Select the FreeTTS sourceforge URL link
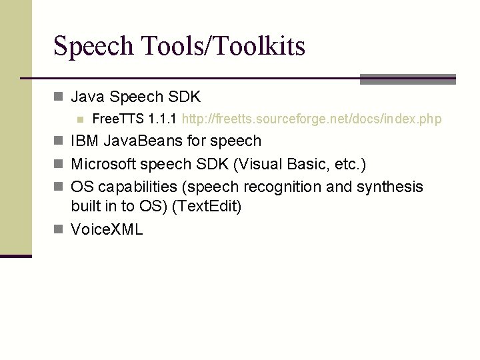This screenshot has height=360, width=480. [311, 119]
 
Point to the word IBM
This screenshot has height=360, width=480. [84, 141]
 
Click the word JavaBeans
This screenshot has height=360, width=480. [142, 141]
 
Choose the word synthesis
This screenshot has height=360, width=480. [389, 187]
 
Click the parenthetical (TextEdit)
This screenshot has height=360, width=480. [207, 207]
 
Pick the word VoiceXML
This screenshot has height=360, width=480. [107, 230]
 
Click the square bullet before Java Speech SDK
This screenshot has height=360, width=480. [58, 97]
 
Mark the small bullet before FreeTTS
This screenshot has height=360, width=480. [79, 120]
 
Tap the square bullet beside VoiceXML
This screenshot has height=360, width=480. [58, 230]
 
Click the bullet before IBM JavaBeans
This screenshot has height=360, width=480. [58, 141]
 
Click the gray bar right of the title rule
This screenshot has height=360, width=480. [407, 79]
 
